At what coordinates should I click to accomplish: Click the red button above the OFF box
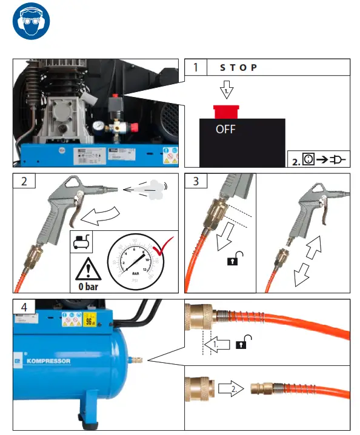[226, 111]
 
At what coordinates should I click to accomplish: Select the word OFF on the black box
[225, 129]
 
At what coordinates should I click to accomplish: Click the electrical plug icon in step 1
[338, 160]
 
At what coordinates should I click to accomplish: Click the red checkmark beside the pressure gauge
[162, 248]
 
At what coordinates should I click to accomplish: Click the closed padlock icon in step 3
[232, 261]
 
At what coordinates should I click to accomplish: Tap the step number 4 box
[24, 307]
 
